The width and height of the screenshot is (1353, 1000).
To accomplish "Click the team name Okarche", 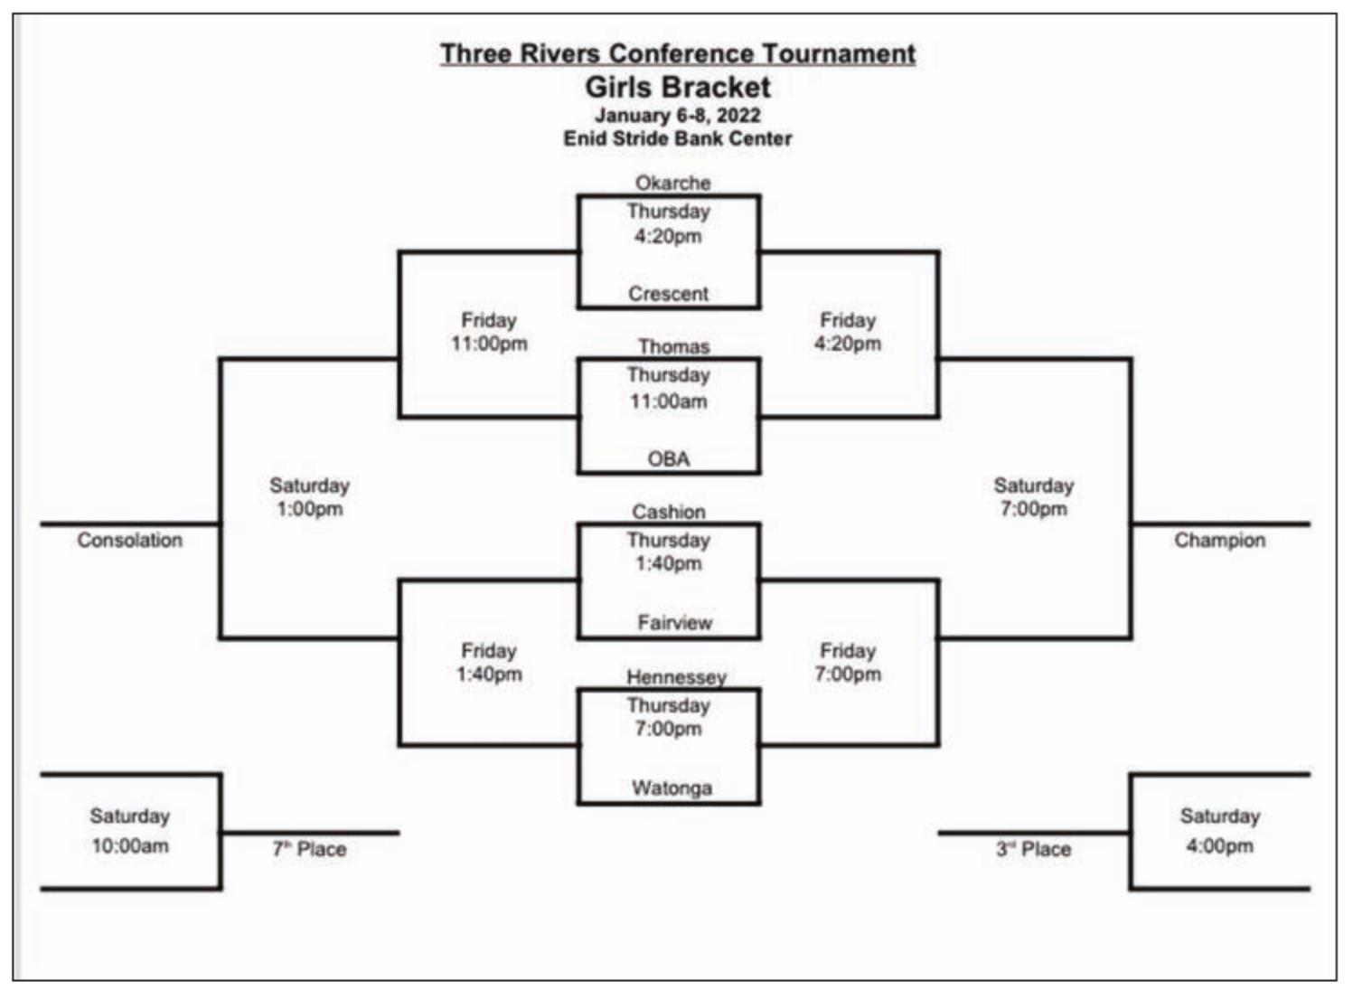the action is tap(672, 183).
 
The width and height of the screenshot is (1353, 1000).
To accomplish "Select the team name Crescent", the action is tap(669, 294).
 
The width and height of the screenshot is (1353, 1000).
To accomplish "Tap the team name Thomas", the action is tap(674, 347).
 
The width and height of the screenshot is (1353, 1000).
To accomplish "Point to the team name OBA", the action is tap(669, 458).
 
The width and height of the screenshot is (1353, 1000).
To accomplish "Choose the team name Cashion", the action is tap(669, 512).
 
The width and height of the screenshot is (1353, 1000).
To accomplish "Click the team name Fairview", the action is tap(674, 622).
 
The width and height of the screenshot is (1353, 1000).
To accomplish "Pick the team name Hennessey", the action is tap(676, 677).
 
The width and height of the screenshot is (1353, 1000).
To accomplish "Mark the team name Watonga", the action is tap(672, 788).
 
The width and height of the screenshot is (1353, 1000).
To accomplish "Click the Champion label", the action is tap(1219, 541).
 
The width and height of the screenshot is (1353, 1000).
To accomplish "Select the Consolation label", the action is tap(129, 540).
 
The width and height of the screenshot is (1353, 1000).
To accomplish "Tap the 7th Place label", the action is tap(309, 849).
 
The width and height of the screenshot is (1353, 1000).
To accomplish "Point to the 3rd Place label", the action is tap(1033, 849).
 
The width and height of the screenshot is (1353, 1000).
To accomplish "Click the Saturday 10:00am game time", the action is tap(130, 831).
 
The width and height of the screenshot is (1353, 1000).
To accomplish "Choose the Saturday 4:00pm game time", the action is tap(1220, 831).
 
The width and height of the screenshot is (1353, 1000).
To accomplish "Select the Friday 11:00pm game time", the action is tap(489, 332).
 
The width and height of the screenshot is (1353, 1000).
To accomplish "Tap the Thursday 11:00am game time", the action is tap(669, 388).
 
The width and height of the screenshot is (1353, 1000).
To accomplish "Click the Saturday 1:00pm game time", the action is tap(310, 497).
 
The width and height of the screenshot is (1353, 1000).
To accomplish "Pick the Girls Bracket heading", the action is tap(678, 88).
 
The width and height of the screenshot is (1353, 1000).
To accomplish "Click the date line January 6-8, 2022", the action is tap(678, 116).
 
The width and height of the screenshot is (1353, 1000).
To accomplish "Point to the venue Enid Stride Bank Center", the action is tap(678, 138).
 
